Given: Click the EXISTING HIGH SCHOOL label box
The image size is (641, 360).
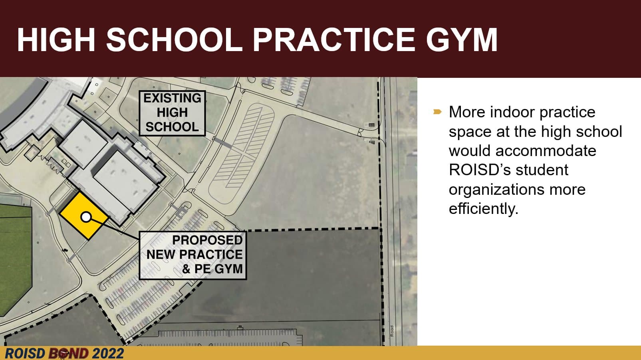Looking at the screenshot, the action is click(x=172, y=113).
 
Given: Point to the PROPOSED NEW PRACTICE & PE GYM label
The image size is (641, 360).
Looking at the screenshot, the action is click(x=192, y=255).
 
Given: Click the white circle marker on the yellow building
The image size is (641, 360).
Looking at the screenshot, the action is click(x=86, y=217).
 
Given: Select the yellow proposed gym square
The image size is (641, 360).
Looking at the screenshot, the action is click(x=84, y=216).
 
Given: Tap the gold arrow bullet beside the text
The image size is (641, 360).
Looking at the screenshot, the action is click(x=437, y=111).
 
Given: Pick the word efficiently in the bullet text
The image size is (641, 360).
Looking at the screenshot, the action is click(x=483, y=208).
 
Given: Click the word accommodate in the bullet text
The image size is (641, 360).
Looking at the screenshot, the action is click(x=546, y=151).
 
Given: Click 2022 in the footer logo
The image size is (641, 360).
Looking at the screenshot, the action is click(x=108, y=354).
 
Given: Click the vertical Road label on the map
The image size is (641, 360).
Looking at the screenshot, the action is click(x=392, y=331).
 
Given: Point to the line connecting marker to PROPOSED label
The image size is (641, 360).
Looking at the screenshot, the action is click(x=115, y=228).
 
